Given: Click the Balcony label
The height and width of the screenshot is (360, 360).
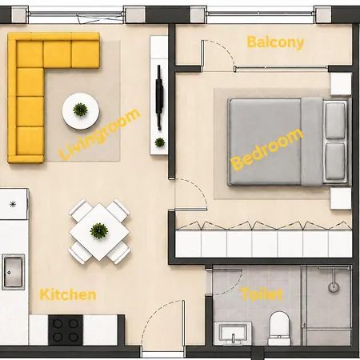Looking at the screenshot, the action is coord(275,42).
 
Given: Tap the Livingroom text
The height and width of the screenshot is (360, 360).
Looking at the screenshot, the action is coord(99,134).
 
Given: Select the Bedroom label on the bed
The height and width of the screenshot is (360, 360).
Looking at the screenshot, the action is coord(267,150).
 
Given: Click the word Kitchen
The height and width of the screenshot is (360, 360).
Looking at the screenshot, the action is coord(68,295).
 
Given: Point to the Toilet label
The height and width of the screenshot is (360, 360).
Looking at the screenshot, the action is coord(262,294).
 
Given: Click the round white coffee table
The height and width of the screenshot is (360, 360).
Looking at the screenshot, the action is coord(81,111).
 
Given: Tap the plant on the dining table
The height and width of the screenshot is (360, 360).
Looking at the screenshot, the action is coord(99,230).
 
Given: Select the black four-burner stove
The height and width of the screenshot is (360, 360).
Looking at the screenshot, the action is coord(66,330).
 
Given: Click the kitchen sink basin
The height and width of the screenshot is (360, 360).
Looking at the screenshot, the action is coord(13,272).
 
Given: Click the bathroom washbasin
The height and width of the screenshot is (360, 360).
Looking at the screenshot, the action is coord(234,334).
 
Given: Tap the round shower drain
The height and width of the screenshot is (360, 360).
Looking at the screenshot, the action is coord(334,287).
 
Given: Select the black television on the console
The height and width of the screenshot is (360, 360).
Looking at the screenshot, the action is coord(159,98).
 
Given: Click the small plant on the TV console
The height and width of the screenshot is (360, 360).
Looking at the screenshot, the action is coord(160,142).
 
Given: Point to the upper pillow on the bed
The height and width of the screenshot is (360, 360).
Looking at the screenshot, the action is coord(335,121).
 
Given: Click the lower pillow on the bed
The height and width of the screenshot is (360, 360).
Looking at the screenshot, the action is coord(335,162).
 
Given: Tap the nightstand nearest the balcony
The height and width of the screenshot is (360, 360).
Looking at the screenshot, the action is coord(341,84).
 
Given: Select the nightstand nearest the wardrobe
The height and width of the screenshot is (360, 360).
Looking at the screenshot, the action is coord(341,198).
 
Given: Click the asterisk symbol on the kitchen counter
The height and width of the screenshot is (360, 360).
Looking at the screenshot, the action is coord(13,205).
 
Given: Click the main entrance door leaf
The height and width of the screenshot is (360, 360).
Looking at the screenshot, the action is coord(183,323).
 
